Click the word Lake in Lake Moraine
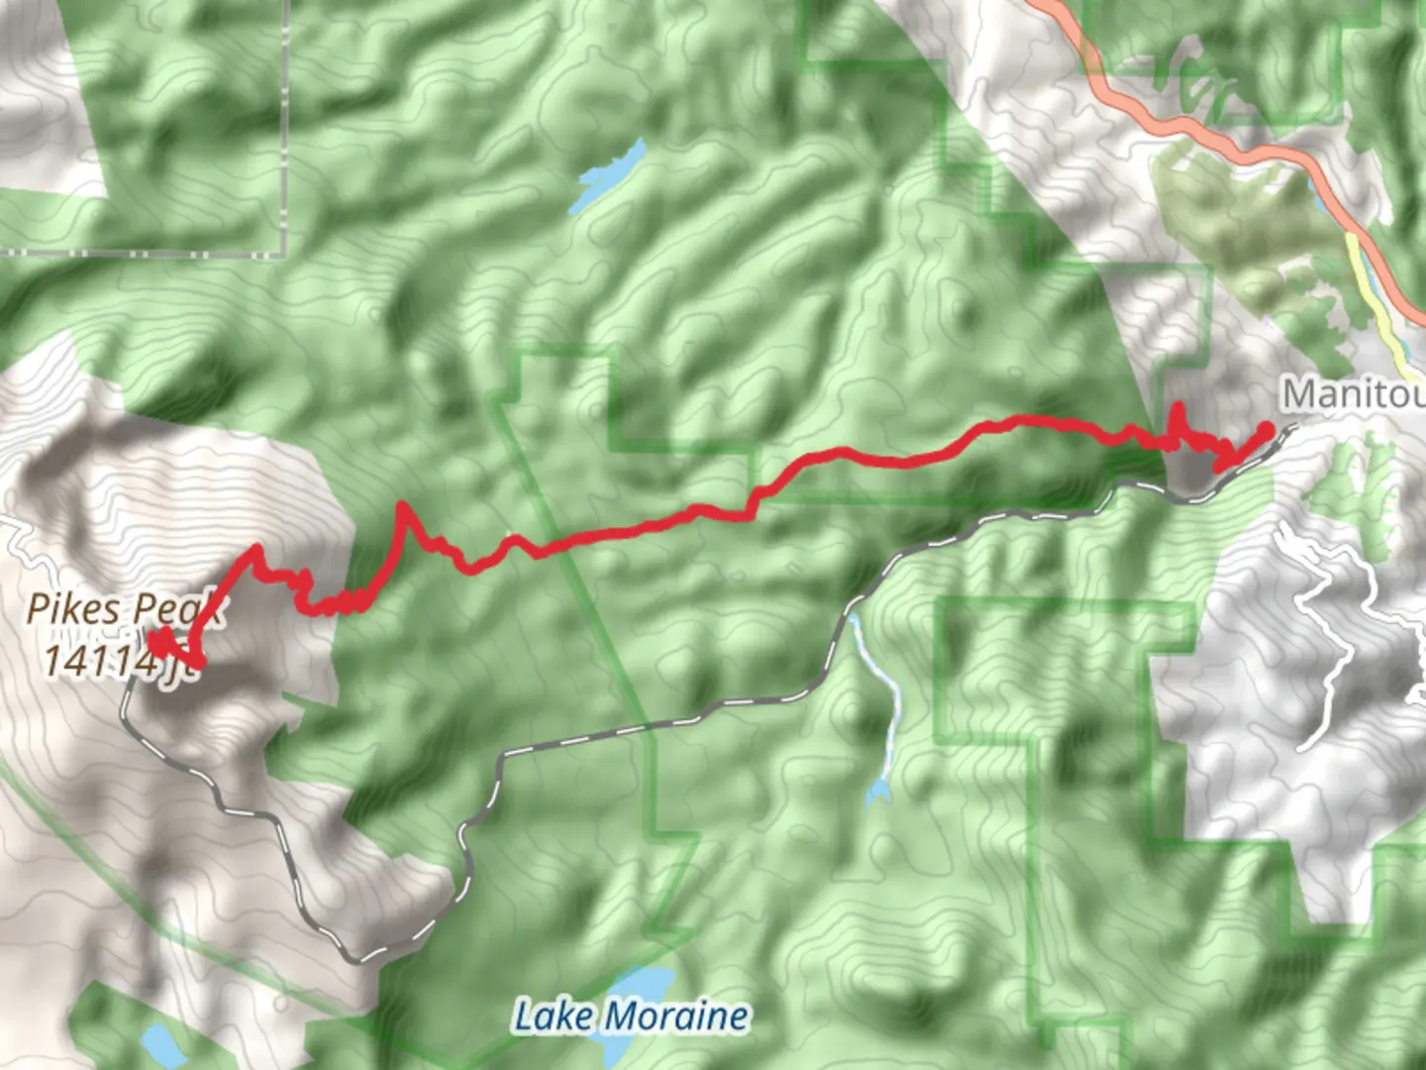click(x=555, y=1016)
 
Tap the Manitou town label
click(x=1353, y=394)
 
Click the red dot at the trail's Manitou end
click(x=1265, y=430)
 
